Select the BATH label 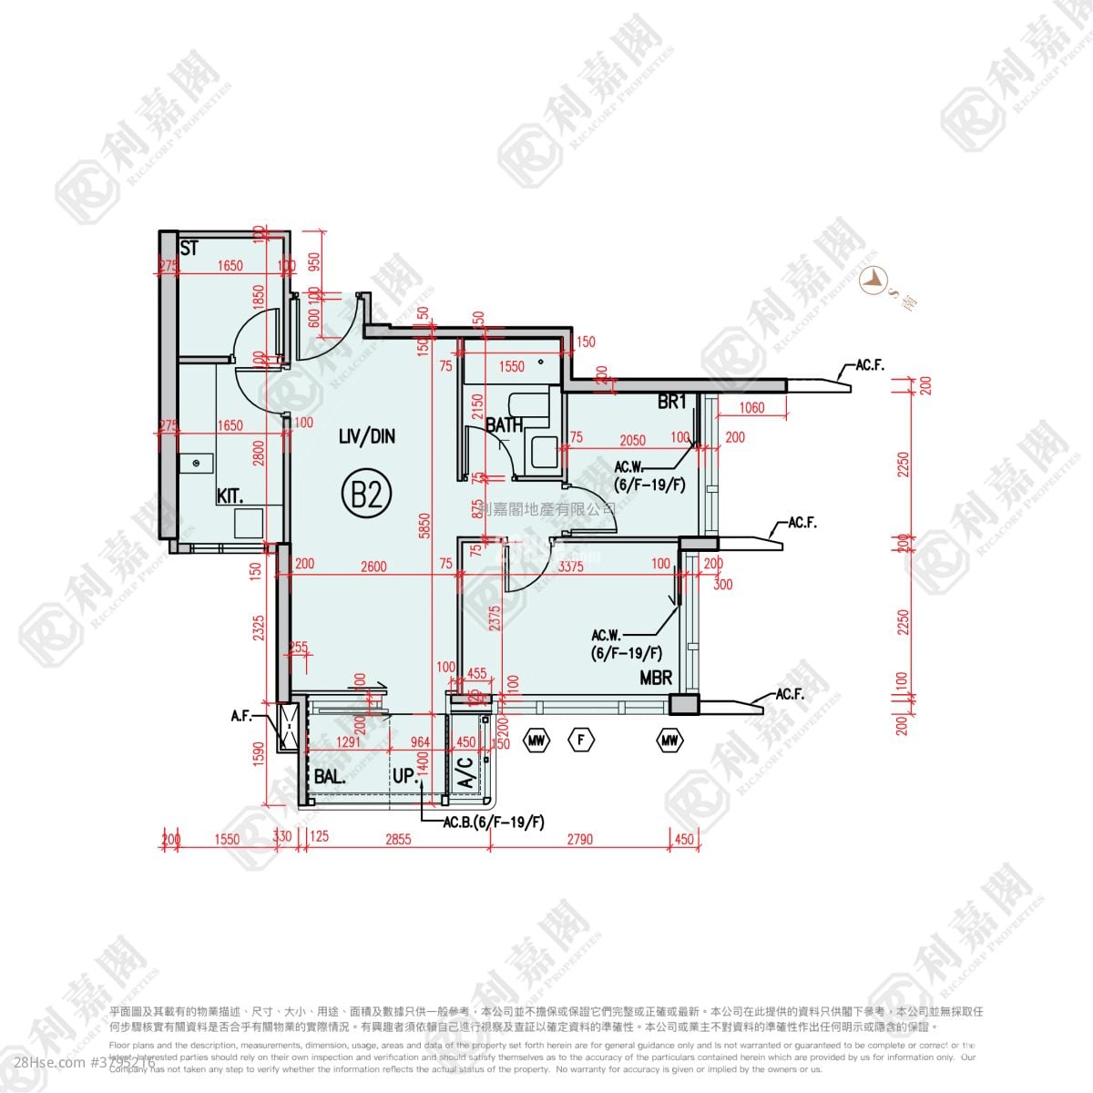(x=503, y=424)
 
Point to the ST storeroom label (x=189, y=248)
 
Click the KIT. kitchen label (x=230, y=496)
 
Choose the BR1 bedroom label (x=671, y=403)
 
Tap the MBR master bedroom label (x=656, y=678)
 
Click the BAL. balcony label (x=330, y=778)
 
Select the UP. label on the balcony (x=405, y=776)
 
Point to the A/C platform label (x=465, y=773)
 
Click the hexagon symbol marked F (x=580, y=740)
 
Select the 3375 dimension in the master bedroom (x=570, y=567)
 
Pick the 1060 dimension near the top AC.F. (x=752, y=408)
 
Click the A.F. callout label (x=241, y=718)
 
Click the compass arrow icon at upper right (x=874, y=281)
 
